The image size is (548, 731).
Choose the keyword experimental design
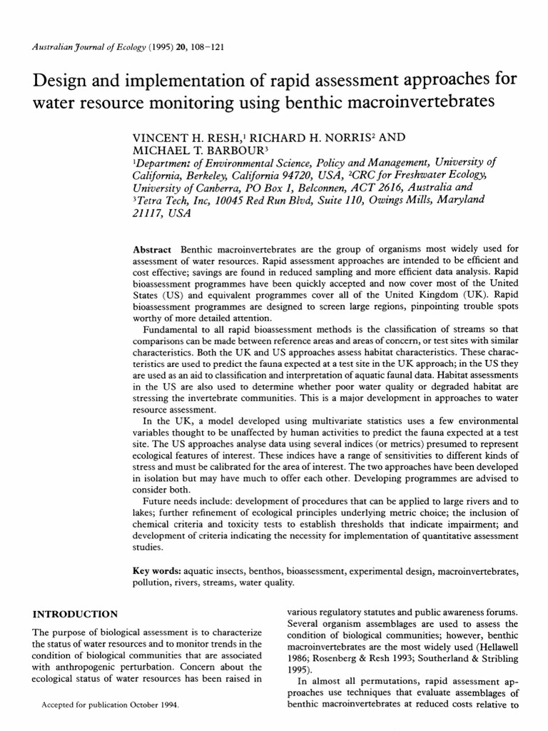tap(388, 573)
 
